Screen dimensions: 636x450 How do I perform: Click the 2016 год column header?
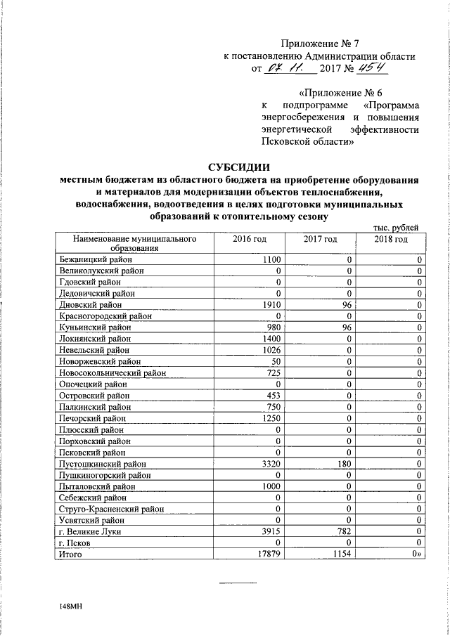pyautogui.click(x=250, y=240)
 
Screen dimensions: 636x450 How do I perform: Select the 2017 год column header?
pyautogui.click(x=321, y=240)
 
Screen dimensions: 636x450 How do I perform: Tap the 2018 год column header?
pyautogui.click(x=391, y=240)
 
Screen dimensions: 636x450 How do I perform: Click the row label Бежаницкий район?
pyautogui.click(x=96, y=260)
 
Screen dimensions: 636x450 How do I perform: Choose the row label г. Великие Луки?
pyautogui.click(x=89, y=532)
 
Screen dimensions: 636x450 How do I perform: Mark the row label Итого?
pyautogui.click(x=71, y=554)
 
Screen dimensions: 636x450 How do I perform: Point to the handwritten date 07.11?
pyautogui.click(x=285, y=69)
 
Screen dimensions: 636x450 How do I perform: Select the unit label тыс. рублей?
pyautogui.click(x=398, y=227)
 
